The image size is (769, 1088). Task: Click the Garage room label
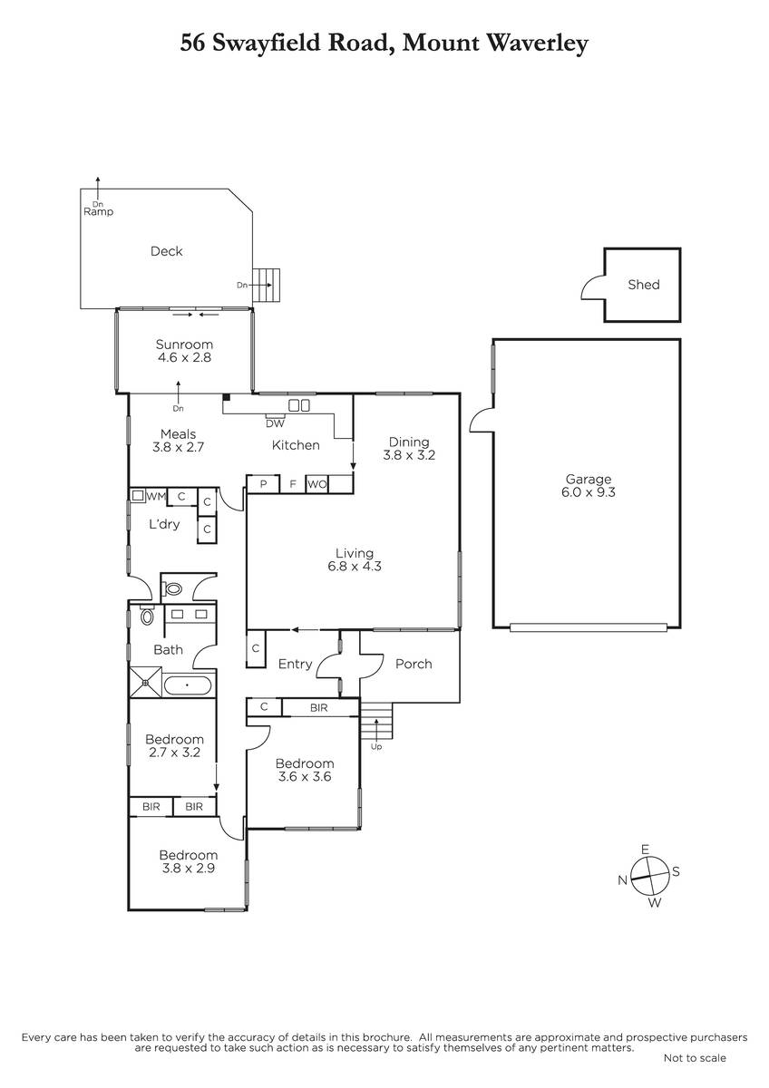588,486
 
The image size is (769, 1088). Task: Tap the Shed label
644,285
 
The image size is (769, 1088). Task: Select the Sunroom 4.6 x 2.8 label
184,351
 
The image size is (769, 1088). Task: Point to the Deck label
167,251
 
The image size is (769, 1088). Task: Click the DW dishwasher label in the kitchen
275,423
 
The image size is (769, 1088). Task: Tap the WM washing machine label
156,497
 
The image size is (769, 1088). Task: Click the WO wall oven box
317,484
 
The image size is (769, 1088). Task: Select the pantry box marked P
263,484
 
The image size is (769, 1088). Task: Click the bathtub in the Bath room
188,685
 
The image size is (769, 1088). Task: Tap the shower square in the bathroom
145,683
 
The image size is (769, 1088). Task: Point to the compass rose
649,876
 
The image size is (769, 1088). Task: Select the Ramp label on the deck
99,212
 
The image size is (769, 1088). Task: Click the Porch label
414,664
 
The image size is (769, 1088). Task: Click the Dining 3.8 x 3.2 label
409,449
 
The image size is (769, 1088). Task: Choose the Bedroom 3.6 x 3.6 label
305,770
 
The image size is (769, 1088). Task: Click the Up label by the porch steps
376,746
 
